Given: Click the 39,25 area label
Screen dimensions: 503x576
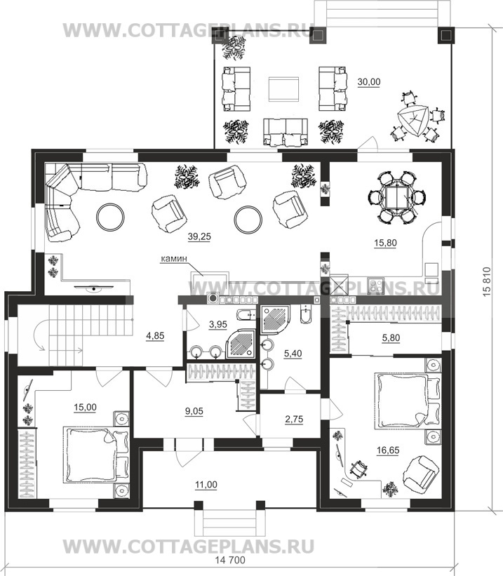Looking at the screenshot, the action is coord(199,237).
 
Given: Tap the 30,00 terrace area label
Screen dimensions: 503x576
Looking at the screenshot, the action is coord(369,82).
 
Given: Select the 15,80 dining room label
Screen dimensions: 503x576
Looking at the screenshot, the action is coord(385,243).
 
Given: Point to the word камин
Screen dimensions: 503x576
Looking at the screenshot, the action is coord(174,259).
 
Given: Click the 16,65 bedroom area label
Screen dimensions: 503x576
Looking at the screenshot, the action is coord(388,450).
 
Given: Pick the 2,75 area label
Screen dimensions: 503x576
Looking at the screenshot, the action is coord(295,419).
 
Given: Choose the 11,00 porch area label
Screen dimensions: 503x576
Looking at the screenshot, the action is coord(206,485).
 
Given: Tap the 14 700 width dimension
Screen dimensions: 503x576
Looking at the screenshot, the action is coord(229,560).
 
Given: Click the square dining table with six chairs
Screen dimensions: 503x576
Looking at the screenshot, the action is coord(397,197).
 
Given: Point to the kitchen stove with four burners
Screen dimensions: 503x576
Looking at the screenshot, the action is coord(376,286).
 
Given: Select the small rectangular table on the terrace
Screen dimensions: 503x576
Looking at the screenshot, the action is coord(283,89).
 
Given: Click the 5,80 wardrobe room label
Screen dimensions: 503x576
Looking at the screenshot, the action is coord(391,337).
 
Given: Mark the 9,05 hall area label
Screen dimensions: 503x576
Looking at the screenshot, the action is coord(194,411).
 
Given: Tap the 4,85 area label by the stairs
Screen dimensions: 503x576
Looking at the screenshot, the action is coord(155,335).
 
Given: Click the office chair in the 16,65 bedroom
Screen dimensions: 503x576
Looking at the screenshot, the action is coord(358,469).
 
